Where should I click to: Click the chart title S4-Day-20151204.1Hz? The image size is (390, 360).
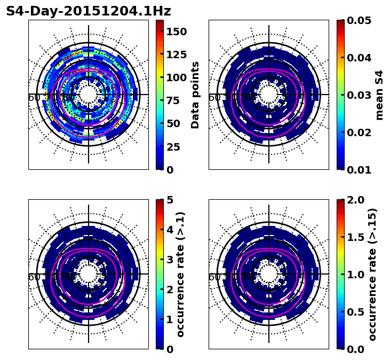(x=89, y=11)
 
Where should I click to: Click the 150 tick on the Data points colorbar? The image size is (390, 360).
(x=176, y=32)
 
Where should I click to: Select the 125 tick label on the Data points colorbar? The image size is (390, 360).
(x=176, y=54)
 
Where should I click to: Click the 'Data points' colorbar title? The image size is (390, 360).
(x=195, y=95)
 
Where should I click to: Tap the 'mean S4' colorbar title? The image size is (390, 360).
(x=379, y=95)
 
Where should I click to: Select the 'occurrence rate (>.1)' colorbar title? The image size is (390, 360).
(x=180, y=274)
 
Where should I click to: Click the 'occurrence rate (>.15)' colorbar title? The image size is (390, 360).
(x=372, y=274)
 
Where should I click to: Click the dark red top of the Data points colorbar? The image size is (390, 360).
(x=160, y=22)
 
